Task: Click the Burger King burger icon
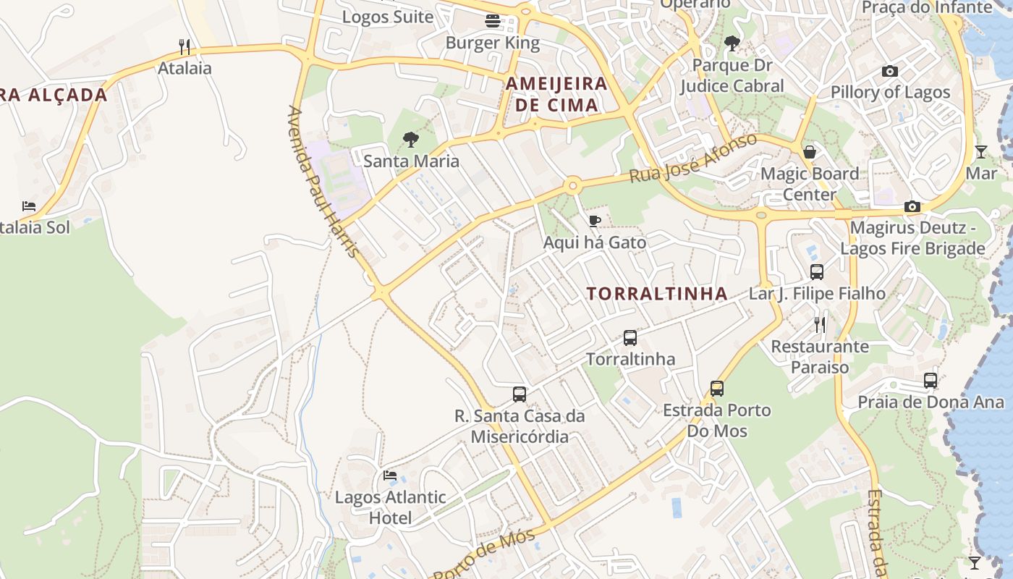(x=493, y=21)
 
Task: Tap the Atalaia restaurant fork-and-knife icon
(x=185, y=47)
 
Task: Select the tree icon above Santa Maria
(x=411, y=139)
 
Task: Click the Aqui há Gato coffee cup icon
(x=595, y=221)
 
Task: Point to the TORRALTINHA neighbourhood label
(x=657, y=293)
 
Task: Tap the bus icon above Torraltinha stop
(x=630, y=338)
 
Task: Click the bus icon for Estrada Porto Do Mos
(x=717, y=389)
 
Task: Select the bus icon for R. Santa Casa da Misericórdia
(x=520, y=394)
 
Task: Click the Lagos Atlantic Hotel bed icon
(x=390, y=476)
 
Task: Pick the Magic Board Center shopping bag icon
(x=810, y=152)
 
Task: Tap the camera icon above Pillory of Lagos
(x=890, y=71)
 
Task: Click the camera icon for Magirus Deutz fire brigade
(x=912, y=207)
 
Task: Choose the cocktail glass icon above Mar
(x=980, y=152)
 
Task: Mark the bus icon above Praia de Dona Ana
(x=931, y=381)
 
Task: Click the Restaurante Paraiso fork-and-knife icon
(x=820, y=324)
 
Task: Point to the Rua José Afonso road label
(x=692, y=158)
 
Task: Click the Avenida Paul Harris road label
(x=323, y=182)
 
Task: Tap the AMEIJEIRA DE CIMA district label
(x=556, y=94)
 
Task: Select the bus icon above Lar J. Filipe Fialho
(x=817, y=272)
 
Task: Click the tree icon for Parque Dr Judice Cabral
(x=732, y=43)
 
